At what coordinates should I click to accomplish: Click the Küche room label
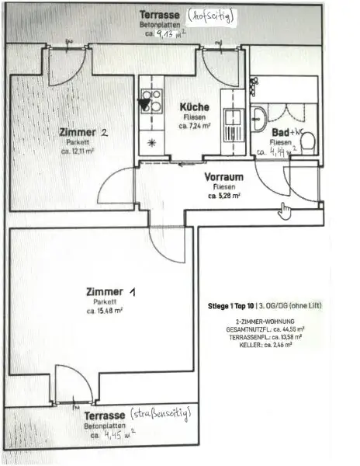tap(192, 106)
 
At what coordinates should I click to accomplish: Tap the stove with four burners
tap(151, 101)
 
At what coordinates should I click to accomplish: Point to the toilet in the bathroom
tap(306, 141)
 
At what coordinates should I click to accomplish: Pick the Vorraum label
tap(224, 176)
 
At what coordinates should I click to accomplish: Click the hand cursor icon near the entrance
tap(285, 209)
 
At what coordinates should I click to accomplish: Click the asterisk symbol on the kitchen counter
tap(151, 142)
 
